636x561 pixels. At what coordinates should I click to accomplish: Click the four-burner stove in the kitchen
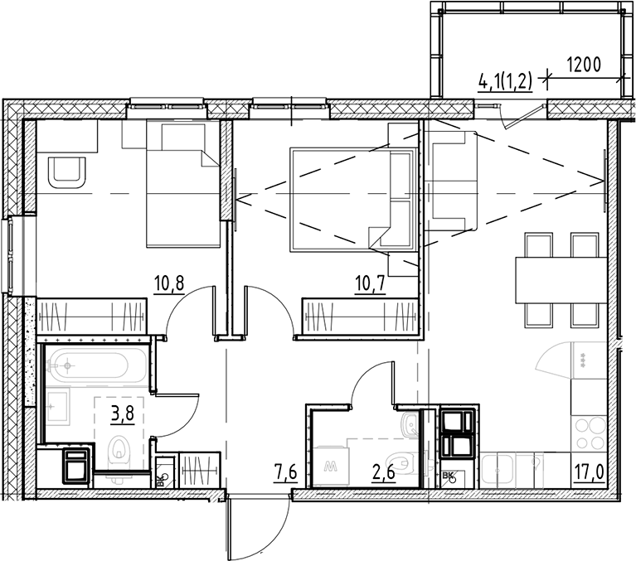[x=593, y=430]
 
